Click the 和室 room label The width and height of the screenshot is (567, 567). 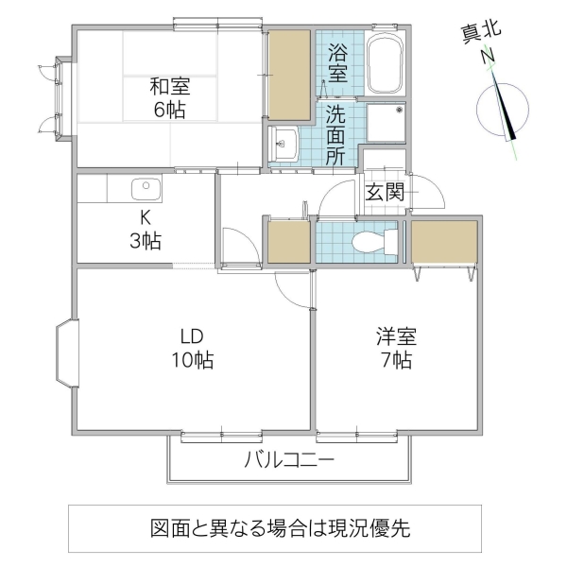coord(170,97)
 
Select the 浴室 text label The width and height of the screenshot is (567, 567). coord(336,63)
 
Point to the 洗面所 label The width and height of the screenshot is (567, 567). coord(336,136)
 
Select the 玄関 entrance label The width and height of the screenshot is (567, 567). coord(386,192)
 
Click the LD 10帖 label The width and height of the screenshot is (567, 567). coord(193,348)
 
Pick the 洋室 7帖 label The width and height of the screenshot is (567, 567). coord(395,348)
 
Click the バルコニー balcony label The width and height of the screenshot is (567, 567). coord(288,462)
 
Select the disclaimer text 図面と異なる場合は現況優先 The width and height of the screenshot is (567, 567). coord(280,527)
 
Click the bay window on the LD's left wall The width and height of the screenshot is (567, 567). coord(66,355)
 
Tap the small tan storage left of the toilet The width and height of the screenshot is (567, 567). coord(289,242)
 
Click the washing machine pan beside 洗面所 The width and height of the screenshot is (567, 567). coord(385,123)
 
